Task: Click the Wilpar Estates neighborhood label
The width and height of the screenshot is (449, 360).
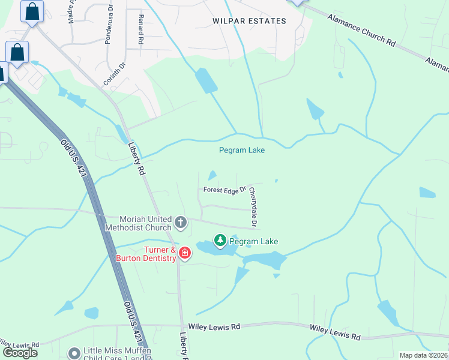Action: click(x=249, y=21)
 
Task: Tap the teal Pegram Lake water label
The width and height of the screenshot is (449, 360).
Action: click(x=242, y=150)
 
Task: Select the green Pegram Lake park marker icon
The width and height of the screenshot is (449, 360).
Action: click(x=220, y=241)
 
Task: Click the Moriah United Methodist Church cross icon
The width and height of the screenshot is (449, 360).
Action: click(x=181, y=223)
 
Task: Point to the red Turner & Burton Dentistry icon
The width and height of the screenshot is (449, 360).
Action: click(x=184, y=253)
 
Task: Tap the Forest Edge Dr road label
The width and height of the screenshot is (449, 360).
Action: click(x=225, y=190)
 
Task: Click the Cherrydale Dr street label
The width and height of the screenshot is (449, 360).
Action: click(x=253, y=208)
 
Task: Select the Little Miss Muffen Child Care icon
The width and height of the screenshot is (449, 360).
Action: click(x=74, y=353)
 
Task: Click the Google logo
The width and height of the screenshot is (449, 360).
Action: click(x=20, y=352)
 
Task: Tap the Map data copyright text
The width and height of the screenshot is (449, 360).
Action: click(x=423, y=355)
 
